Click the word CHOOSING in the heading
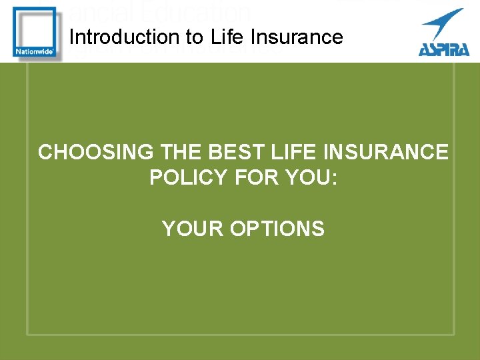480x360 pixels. (x=95, y=152)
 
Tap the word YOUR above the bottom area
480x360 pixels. (x=193, y=229)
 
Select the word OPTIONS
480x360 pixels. (x=277, y=229)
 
